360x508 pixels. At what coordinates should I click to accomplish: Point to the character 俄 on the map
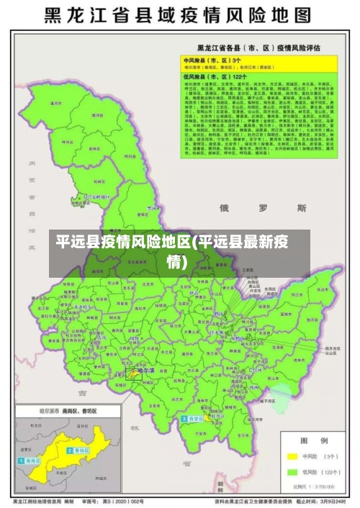point(224,208)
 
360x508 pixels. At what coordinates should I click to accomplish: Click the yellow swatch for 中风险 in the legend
point(292,456)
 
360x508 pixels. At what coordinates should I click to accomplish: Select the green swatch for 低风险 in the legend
point(292,472)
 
